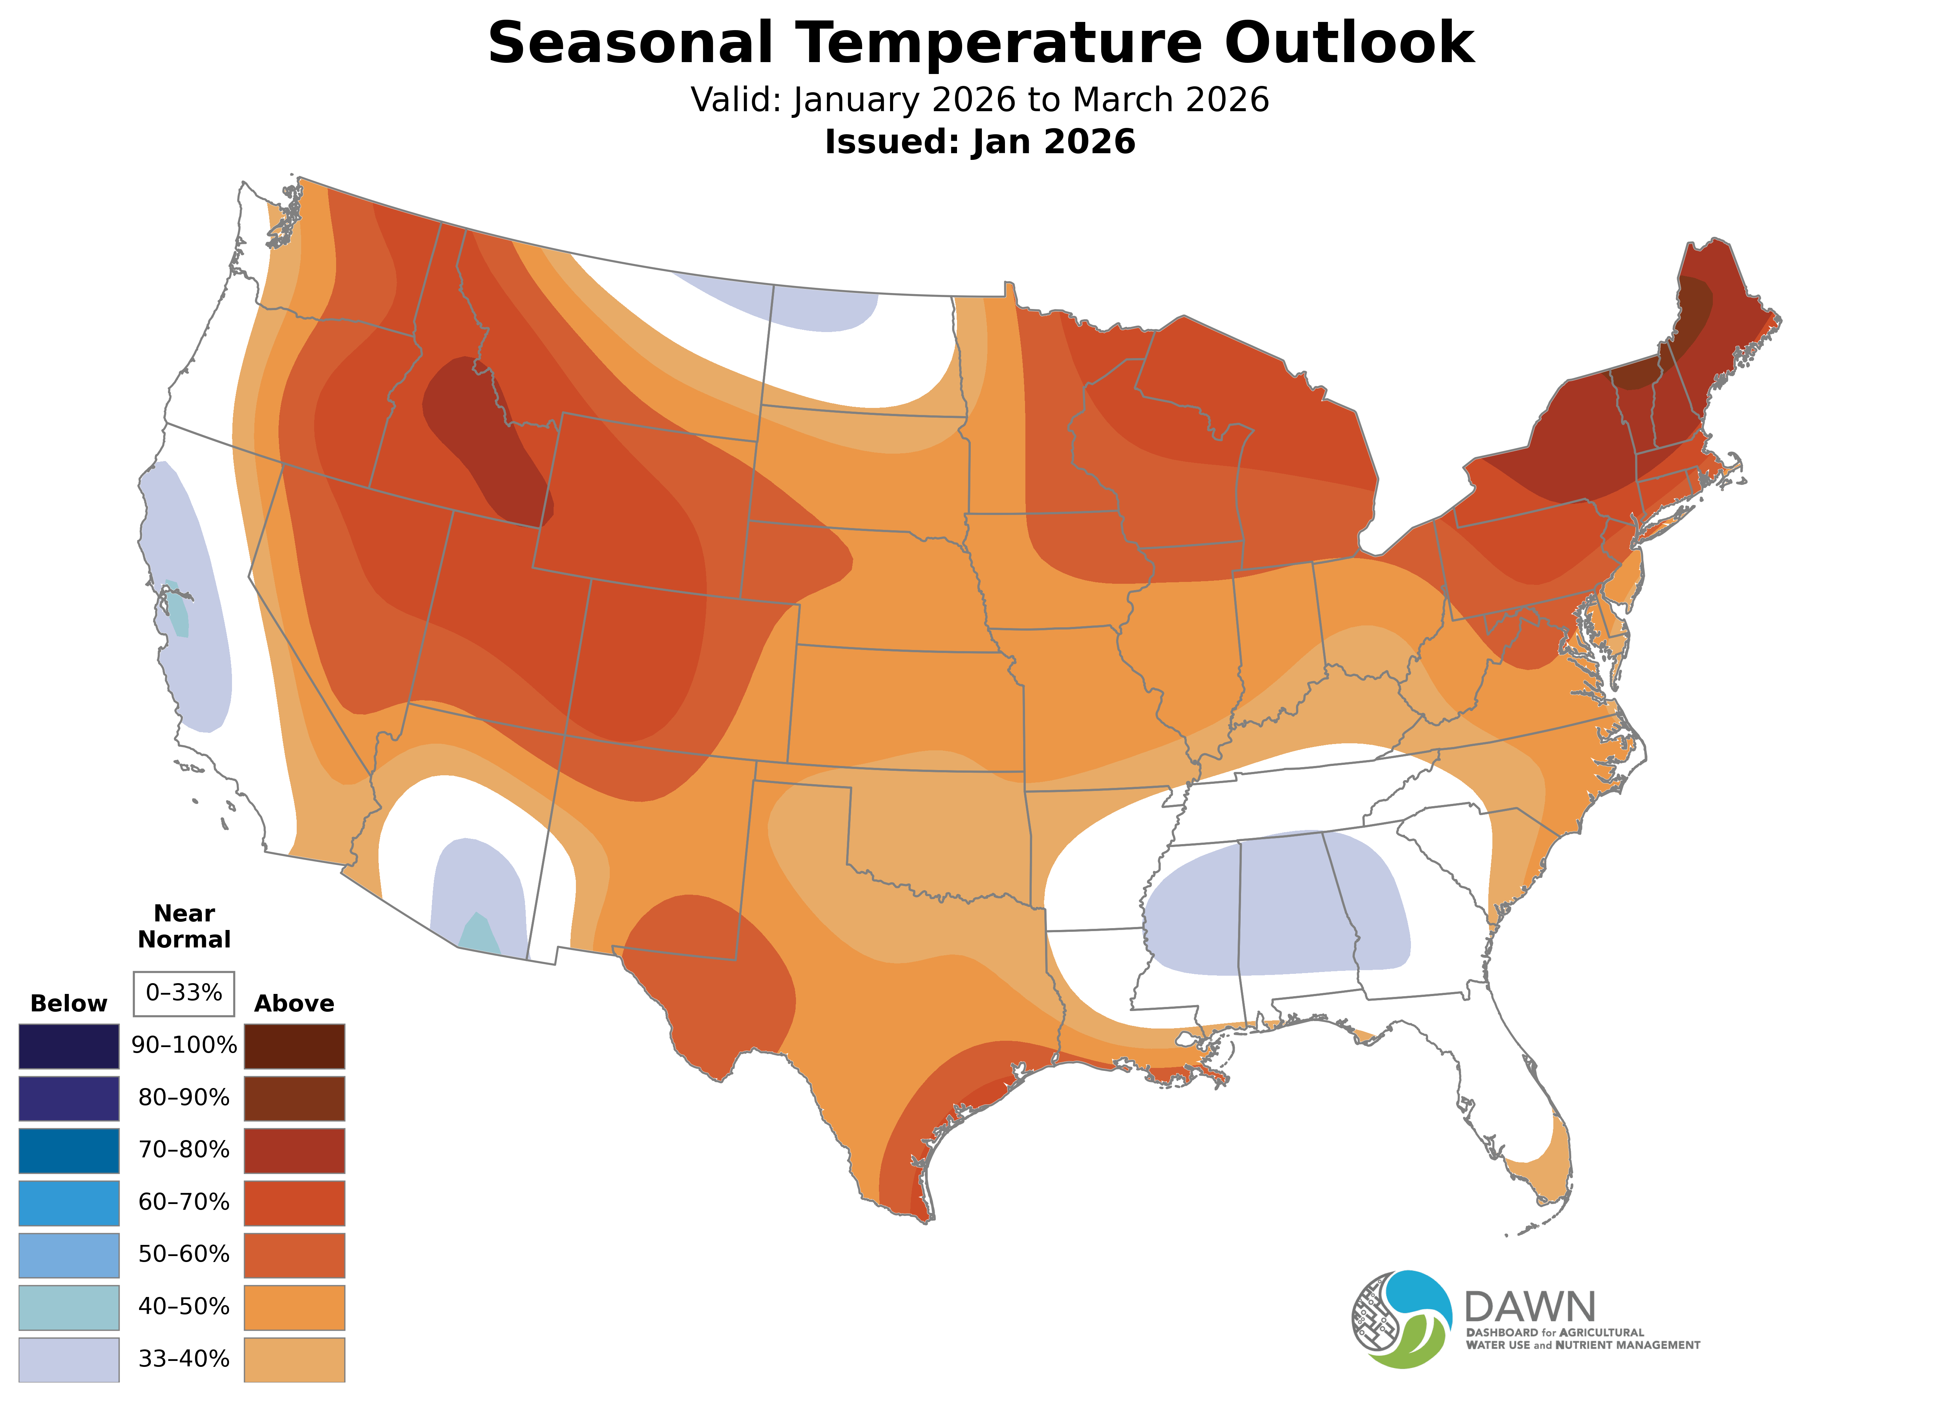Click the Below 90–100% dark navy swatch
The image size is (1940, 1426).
(x=69, y=1046)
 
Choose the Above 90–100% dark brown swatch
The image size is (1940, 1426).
(x=294, y=1046)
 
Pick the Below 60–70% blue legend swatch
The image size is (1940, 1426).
(x=69, y=1203)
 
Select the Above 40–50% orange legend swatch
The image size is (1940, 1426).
(x=294, y=1307)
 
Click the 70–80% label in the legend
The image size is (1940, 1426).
(x=184, y=1150)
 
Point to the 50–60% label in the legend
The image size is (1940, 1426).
(x=184, y=1254)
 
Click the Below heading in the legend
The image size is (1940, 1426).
(x=69, y=1003)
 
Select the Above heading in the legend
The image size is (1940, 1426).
(x=294, y=1003)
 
